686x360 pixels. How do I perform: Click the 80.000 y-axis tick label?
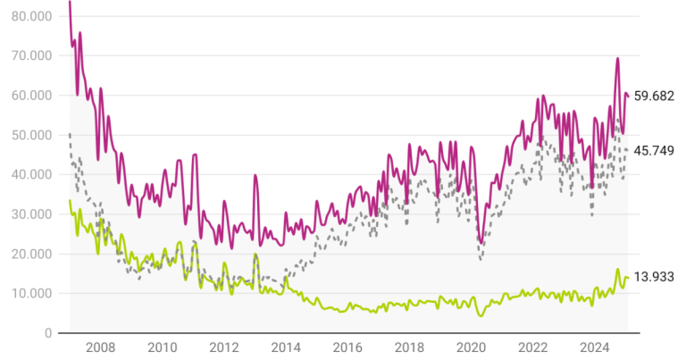pos(29,16)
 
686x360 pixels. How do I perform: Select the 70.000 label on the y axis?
pos(29,55)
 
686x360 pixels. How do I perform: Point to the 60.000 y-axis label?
pos(29,96)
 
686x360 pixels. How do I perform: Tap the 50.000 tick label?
pos(29,135)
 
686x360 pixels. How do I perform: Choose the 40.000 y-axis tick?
pos(29,174)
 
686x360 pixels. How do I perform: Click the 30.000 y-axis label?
pos(29,214)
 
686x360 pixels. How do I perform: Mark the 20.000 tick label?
pos(29,254)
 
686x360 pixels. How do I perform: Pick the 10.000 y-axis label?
pos(29,293)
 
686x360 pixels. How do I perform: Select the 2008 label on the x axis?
pos(100,347)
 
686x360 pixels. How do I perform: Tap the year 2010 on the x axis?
pos(162,347)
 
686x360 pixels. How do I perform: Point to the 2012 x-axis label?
pos(223,347)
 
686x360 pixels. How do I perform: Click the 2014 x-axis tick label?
pos(286,347)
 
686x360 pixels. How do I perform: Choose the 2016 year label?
pos(347,347)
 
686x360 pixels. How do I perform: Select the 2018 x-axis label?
pos(409,347)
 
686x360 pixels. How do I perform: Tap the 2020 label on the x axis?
pos(472,347)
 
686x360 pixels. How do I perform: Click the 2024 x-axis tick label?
pos(595,347)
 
